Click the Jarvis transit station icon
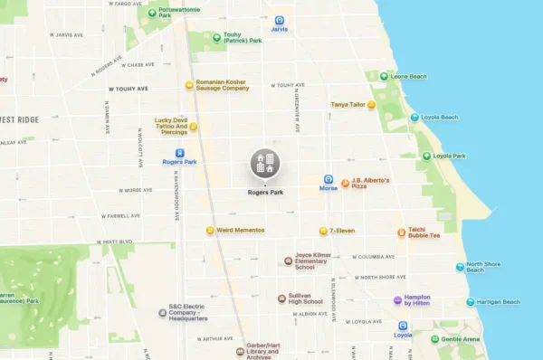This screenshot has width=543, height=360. click(279, 20)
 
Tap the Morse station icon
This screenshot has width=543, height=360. click(328, 180)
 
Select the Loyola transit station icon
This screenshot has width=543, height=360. click(403, 326)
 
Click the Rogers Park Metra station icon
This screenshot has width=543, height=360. click(179, 154)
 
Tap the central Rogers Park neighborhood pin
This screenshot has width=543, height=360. click(265, 164)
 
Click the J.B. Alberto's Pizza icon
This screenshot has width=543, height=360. click(345, 183)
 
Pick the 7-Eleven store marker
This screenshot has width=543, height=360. click(323, 231)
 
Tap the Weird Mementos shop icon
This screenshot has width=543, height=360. click(210, 231)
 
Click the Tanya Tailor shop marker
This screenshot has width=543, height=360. click(371, 105)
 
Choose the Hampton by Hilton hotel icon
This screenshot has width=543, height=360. click(397, 300)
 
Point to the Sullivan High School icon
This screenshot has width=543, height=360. click(281, 298)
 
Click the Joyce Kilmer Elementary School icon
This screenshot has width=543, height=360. click(288, 261)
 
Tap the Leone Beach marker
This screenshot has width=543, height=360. click(384, 77)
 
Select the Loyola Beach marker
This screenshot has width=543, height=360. click(414, 118)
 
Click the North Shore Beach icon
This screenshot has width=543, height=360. click(460, 267)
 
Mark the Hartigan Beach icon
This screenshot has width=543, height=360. click(470, 302)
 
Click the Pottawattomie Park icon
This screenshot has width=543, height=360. click(151, 13)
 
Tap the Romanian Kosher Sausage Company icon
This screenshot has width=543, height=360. click(189, 85)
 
